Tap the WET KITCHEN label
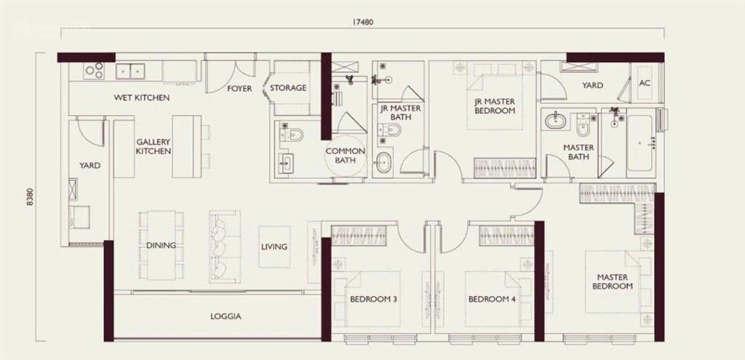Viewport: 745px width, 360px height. coord(142,97)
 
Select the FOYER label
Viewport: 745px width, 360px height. coord(239,89)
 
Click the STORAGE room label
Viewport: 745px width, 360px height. coord(287,89)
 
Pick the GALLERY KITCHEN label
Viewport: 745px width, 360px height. coord(154,146)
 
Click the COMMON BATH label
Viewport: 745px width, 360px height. coord(345,156)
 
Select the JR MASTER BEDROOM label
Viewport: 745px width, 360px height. coord(495,106)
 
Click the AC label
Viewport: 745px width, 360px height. coord(644,84)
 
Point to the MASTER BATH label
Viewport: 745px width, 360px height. coord(578,152)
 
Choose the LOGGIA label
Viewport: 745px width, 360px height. coord(226,316)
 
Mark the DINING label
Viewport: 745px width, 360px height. coord(160,246)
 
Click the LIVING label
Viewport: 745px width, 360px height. coord(274,247)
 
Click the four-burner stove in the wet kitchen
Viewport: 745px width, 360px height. coord(94,71)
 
